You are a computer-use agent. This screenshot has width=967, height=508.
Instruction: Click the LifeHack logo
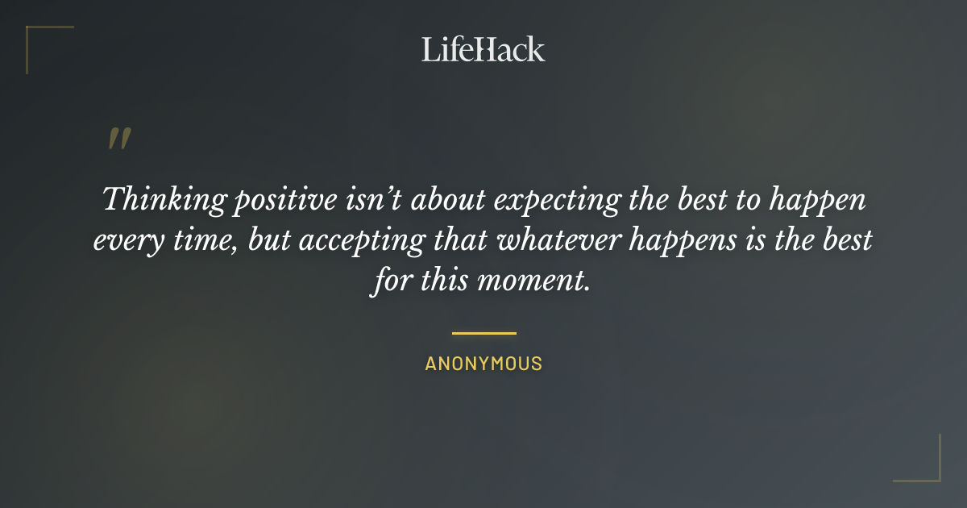[x=483, y=49]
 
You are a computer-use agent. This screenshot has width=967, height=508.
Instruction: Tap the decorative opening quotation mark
[x=118, y=139]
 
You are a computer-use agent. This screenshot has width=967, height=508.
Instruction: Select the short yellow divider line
[x=483, y=332]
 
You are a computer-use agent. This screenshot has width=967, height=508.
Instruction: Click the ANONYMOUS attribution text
[x=483, y=364]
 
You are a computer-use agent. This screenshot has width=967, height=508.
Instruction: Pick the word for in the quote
[x=390, y=283]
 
